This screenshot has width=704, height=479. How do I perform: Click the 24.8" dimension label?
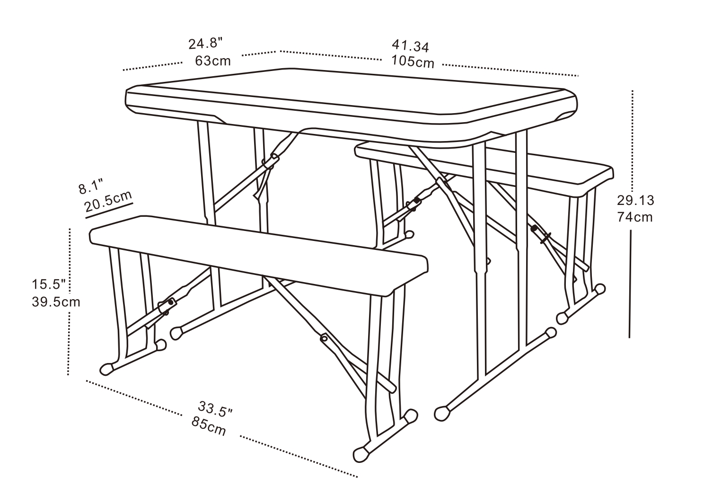point(205,44)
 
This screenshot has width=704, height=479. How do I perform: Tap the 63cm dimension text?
point(213,61)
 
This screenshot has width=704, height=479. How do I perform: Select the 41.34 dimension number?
point(410,46)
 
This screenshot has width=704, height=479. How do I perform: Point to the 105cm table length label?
point(413,62)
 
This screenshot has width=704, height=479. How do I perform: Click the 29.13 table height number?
point(635,200)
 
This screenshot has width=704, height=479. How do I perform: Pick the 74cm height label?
point(634,217)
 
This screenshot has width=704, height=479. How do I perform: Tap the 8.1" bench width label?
point(91,187)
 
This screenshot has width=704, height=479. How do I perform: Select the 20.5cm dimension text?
point(108,201)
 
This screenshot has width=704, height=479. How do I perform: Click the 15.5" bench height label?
point(49,284)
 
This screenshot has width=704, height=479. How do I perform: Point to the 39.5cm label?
point(56,302)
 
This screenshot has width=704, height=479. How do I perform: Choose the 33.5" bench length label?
point(215,409)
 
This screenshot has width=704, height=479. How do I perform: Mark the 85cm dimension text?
point(209,426)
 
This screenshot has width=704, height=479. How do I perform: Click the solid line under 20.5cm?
point(109,211)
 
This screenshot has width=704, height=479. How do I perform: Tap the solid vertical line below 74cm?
point(630,284)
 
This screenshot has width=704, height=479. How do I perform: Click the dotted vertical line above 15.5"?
point(70,252)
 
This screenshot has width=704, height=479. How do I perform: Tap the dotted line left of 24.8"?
point(152,66)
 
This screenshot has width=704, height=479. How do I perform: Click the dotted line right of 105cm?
point(510,70)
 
